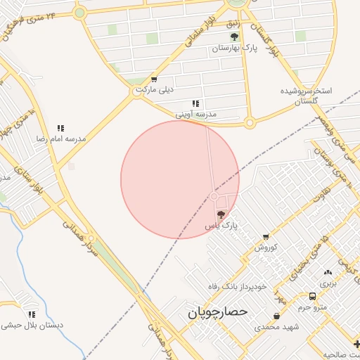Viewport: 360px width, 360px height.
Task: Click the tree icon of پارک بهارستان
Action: [x=234, y=37]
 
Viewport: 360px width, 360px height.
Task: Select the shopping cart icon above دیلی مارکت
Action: [x=154, y=79]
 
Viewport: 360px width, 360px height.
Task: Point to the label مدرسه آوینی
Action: [x=195, y=113]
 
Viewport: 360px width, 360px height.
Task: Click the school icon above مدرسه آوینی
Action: [x=195, y=103]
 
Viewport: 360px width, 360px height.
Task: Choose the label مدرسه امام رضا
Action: [x=61, y=139]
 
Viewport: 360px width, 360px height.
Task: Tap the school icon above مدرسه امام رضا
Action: [x=60, y=129]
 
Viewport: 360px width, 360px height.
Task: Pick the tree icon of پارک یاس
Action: [x=221, y=214]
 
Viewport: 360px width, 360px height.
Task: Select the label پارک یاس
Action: [x=221, y=226]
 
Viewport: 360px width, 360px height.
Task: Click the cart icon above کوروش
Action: [x=266, y=237]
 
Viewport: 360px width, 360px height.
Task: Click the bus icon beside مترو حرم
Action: [x=312, y=296]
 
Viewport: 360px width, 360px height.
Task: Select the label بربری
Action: [x=328, y=284]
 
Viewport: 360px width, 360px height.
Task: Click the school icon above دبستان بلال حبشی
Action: [x=32, y=314]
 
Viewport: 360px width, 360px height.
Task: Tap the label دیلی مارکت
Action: [x=154, y=90]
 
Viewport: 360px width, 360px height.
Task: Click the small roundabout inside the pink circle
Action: [x=214, y=196]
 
